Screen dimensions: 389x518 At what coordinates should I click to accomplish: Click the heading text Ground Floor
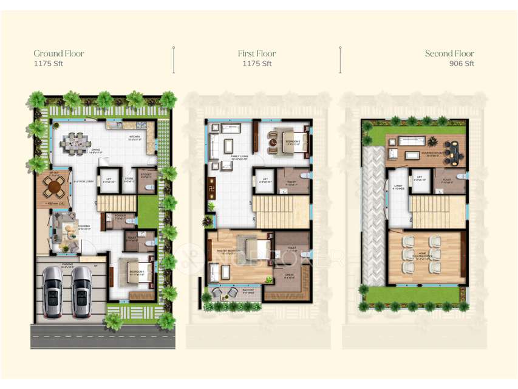tap(59, 53)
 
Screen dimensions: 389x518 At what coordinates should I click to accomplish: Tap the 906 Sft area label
tap(462, 63)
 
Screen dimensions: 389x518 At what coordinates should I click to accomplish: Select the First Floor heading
tap(257, 53)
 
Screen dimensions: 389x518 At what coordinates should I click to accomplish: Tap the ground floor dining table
tap(77, 143)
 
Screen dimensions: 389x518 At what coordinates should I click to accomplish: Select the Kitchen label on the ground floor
tap(134, 137)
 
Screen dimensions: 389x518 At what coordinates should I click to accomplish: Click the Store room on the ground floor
tap(129, 181)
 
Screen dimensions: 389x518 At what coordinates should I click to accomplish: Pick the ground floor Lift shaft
tap(109, 181)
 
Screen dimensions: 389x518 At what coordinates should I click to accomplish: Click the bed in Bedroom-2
tap(290, 142)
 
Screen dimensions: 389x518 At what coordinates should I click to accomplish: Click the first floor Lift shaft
tap(264, 181)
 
